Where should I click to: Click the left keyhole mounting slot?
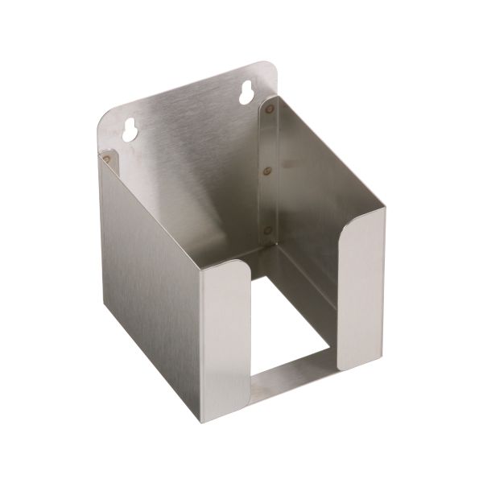click(128, 130)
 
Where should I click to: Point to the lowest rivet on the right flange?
click(268, 230)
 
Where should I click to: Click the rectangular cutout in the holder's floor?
click(290, 314)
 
